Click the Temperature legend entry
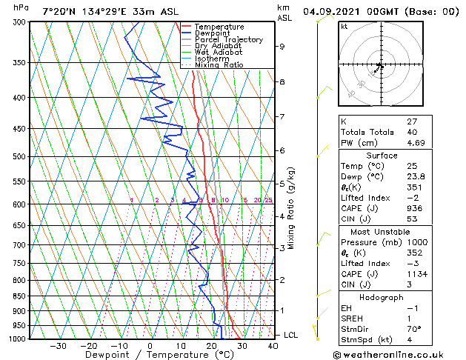point(219,27)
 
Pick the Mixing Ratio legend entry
point(219,64)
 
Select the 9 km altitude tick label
point(282,47)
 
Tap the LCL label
point(291,335)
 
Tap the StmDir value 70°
point(414,329)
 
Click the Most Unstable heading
point(381,231)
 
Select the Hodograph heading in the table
point(382,297)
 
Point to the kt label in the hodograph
point(344,27)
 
